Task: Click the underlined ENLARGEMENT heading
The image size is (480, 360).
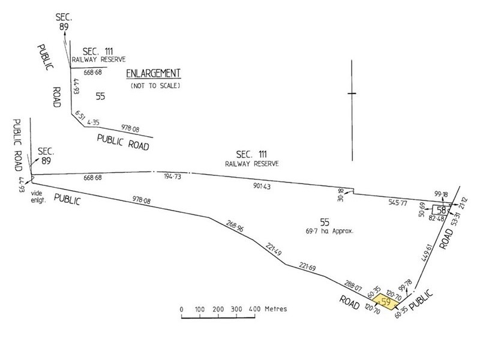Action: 153,73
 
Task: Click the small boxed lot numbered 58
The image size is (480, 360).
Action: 441,210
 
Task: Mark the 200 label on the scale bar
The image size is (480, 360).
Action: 218,309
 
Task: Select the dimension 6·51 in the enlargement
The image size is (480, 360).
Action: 80,115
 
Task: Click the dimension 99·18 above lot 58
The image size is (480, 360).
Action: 440,194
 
